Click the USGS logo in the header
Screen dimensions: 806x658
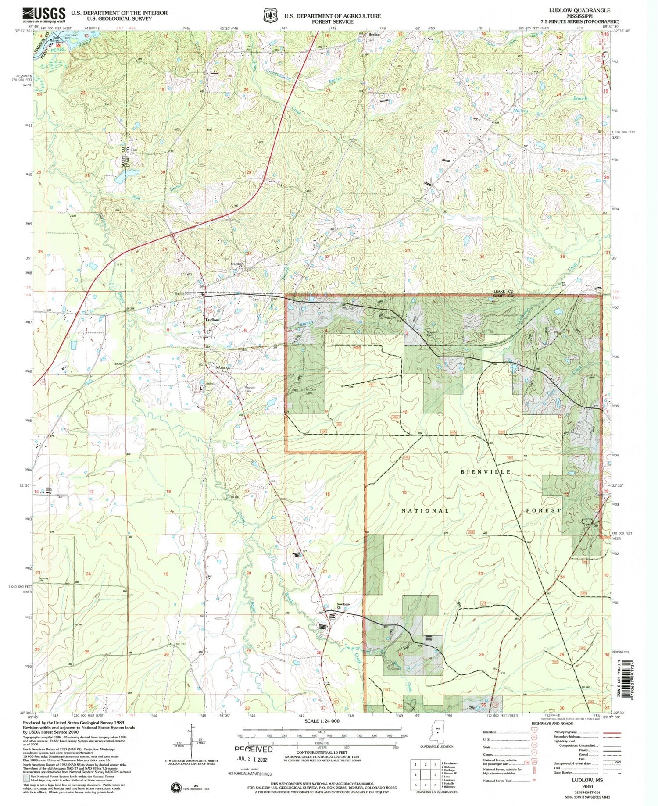pos(44,15)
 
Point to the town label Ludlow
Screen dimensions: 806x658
pos(212,320)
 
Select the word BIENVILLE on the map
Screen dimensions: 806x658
pos(486,472)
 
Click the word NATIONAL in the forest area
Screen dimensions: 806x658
pos(425,511)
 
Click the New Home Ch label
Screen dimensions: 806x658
pos(343,606)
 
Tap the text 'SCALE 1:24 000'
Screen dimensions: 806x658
pos(322,721)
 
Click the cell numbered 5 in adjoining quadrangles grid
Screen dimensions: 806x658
pos(426,775)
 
